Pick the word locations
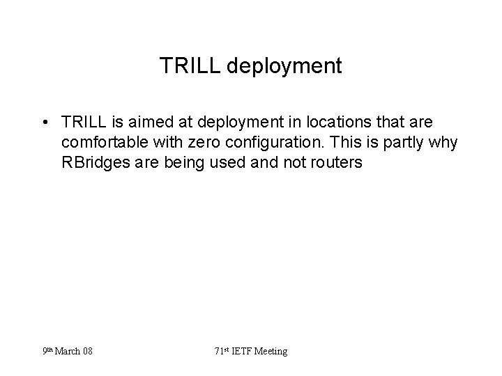pyautogui.click(x=323, y=123)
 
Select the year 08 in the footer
pyautogui.click(x=87, y=352)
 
